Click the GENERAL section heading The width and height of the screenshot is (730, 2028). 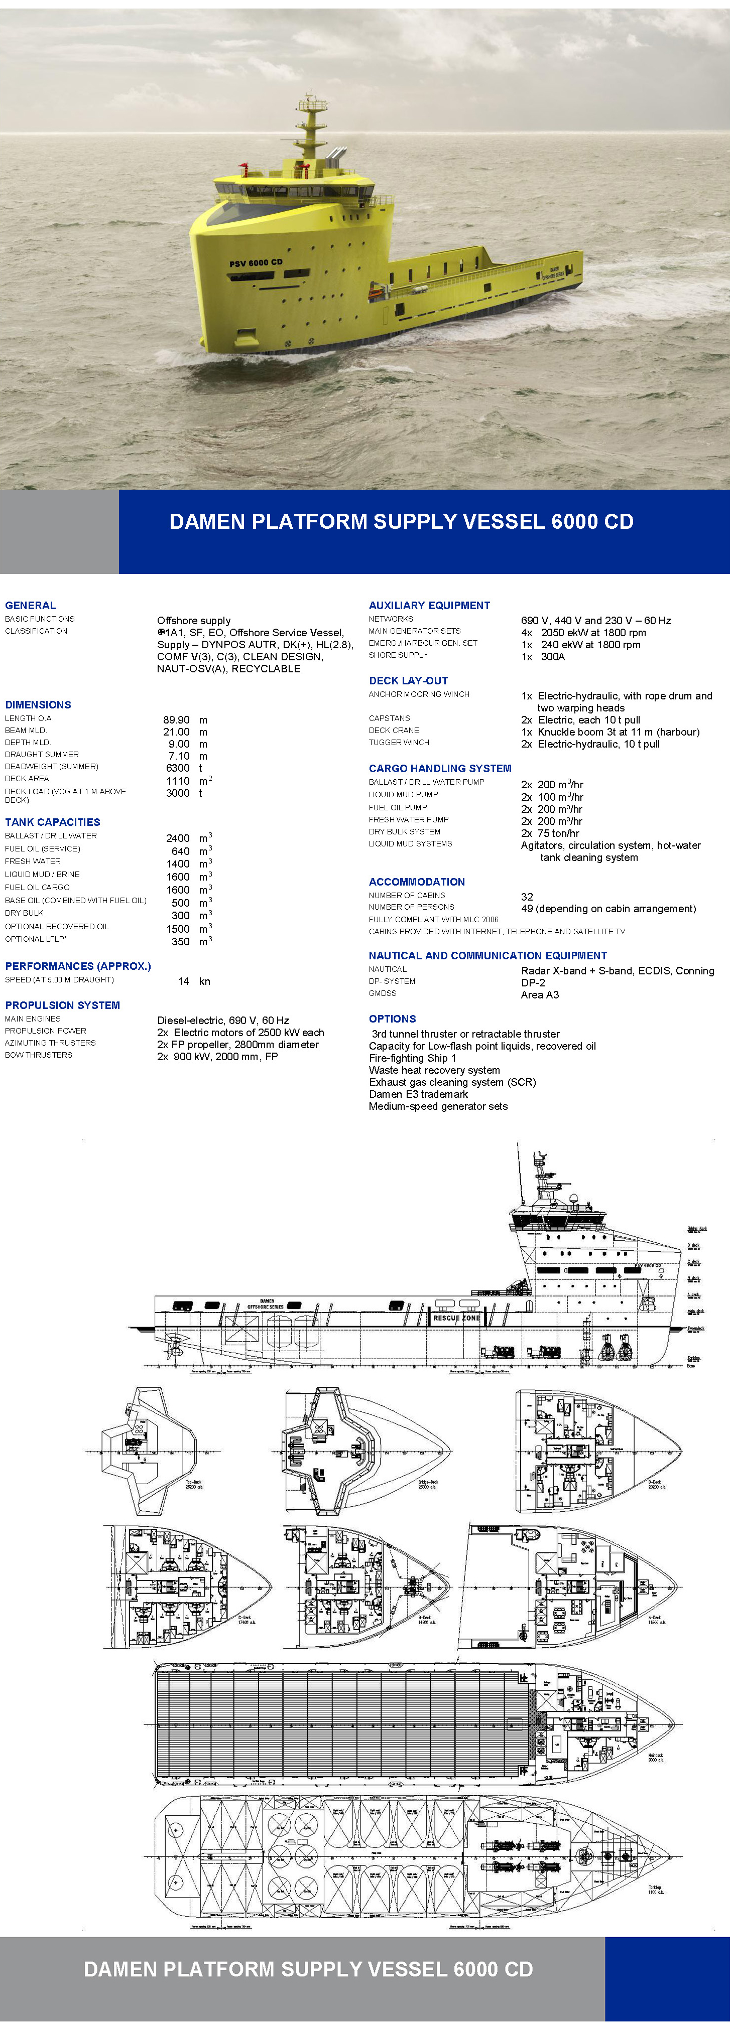[30, 606]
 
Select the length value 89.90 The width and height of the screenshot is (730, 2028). [176, 719]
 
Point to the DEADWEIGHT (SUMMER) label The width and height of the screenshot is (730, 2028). [51, 766]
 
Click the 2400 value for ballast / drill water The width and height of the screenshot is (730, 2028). [178, 838]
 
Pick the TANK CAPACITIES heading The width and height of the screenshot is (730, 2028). [52, 822]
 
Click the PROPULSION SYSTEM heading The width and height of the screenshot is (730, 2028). [62, 1005]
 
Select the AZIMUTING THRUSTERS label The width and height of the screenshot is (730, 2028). [50, 1042]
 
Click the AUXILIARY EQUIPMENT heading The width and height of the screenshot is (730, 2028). [429, 606]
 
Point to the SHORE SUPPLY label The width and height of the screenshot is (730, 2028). [399, 655]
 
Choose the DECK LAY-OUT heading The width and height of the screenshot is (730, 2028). [408, 680]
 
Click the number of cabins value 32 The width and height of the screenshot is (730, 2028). [527, 897]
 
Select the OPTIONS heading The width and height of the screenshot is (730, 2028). [392, 1019]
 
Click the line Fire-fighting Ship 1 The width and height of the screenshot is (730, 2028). [413, 1058]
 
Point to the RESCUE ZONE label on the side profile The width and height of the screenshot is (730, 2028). [457, 1318]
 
